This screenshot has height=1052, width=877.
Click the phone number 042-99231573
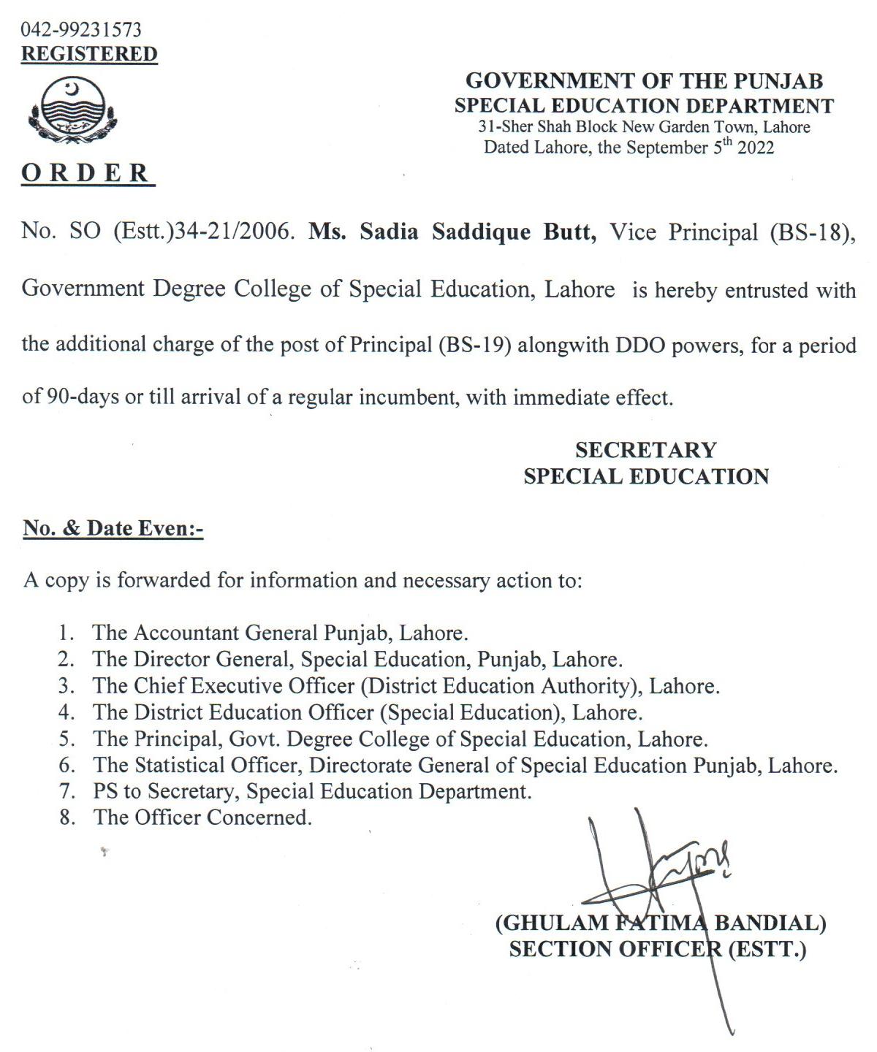(x=81, y=30)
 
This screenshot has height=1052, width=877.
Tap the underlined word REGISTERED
(x=89, y=54)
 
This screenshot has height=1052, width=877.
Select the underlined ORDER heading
(x=86, y=173)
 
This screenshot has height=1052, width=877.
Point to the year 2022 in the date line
(x=756, y=148)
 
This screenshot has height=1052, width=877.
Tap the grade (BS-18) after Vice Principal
(x=810, y=232)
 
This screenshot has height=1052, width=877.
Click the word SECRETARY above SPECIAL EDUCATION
(x=645, y=449)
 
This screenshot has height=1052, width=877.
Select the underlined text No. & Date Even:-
(x=113, y=528)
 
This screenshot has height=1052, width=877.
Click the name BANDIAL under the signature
(x=770, y=923)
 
